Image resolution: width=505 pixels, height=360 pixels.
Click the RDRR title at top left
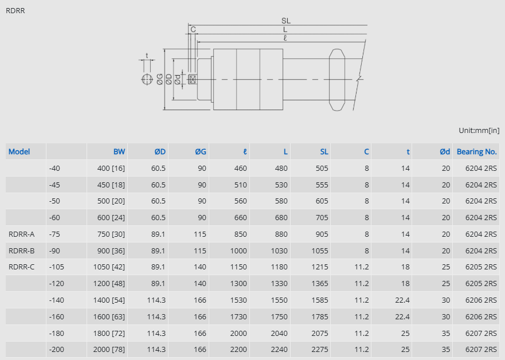click(15, 11)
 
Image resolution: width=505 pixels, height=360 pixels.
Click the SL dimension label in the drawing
click(285, 21)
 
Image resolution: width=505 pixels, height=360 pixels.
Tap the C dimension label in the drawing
click(193, 29)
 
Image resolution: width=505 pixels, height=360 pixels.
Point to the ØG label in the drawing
click(160, 79)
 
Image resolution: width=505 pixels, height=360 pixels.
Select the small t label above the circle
click(147, 56)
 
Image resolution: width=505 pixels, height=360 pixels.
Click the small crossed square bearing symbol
click(192, 79)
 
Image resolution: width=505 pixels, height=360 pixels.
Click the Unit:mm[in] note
click(479, 130)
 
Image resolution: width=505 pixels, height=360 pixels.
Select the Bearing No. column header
click(477, 152)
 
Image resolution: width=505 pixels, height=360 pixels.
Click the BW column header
click(119, 152)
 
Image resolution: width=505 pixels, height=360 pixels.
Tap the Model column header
click(19, 152)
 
